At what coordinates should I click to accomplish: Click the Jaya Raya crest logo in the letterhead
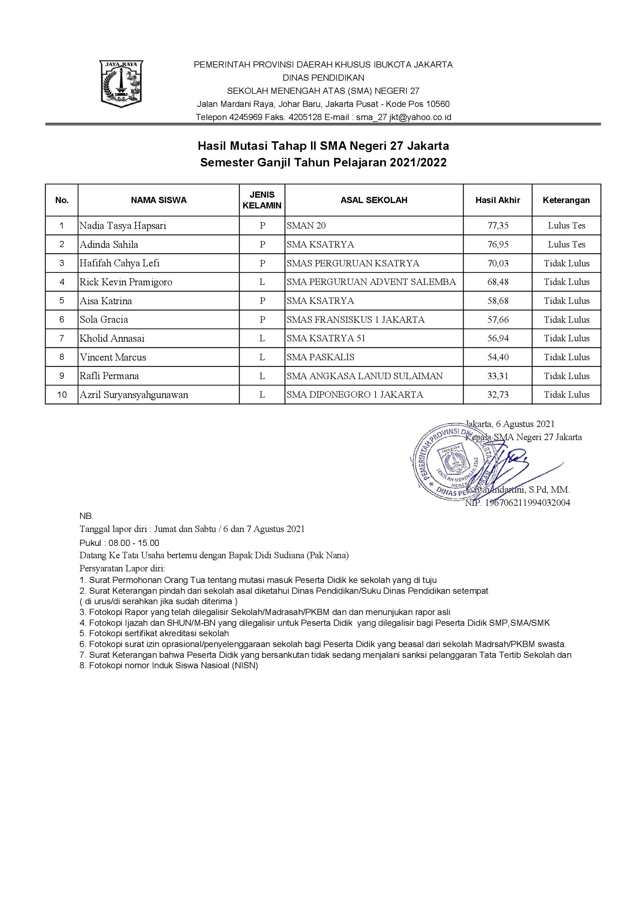tap(121, 84)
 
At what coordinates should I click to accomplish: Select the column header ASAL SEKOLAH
tap(374, 200)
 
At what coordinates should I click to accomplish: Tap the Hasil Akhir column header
tap(498, 200)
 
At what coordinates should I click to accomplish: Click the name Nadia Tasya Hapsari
tap(123, 226)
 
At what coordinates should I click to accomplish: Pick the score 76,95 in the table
tap(498, 245)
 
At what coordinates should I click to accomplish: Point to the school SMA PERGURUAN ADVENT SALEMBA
tap(371, 282)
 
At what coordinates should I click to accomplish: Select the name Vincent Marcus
tap(113, 357)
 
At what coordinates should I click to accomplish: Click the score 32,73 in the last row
tap(498, 395)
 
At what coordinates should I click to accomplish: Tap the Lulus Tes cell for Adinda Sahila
tap(567, 245)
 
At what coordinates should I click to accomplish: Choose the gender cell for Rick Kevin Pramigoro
tap(262, 282)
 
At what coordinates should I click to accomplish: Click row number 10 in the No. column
tap(62, 395)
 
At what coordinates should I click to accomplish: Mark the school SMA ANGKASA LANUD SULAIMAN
tap(365, 376)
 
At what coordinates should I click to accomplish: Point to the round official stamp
tap(452, 462)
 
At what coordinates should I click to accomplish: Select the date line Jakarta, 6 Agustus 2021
tap(510, 424)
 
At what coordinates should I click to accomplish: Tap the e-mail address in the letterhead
tap(404, 117)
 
